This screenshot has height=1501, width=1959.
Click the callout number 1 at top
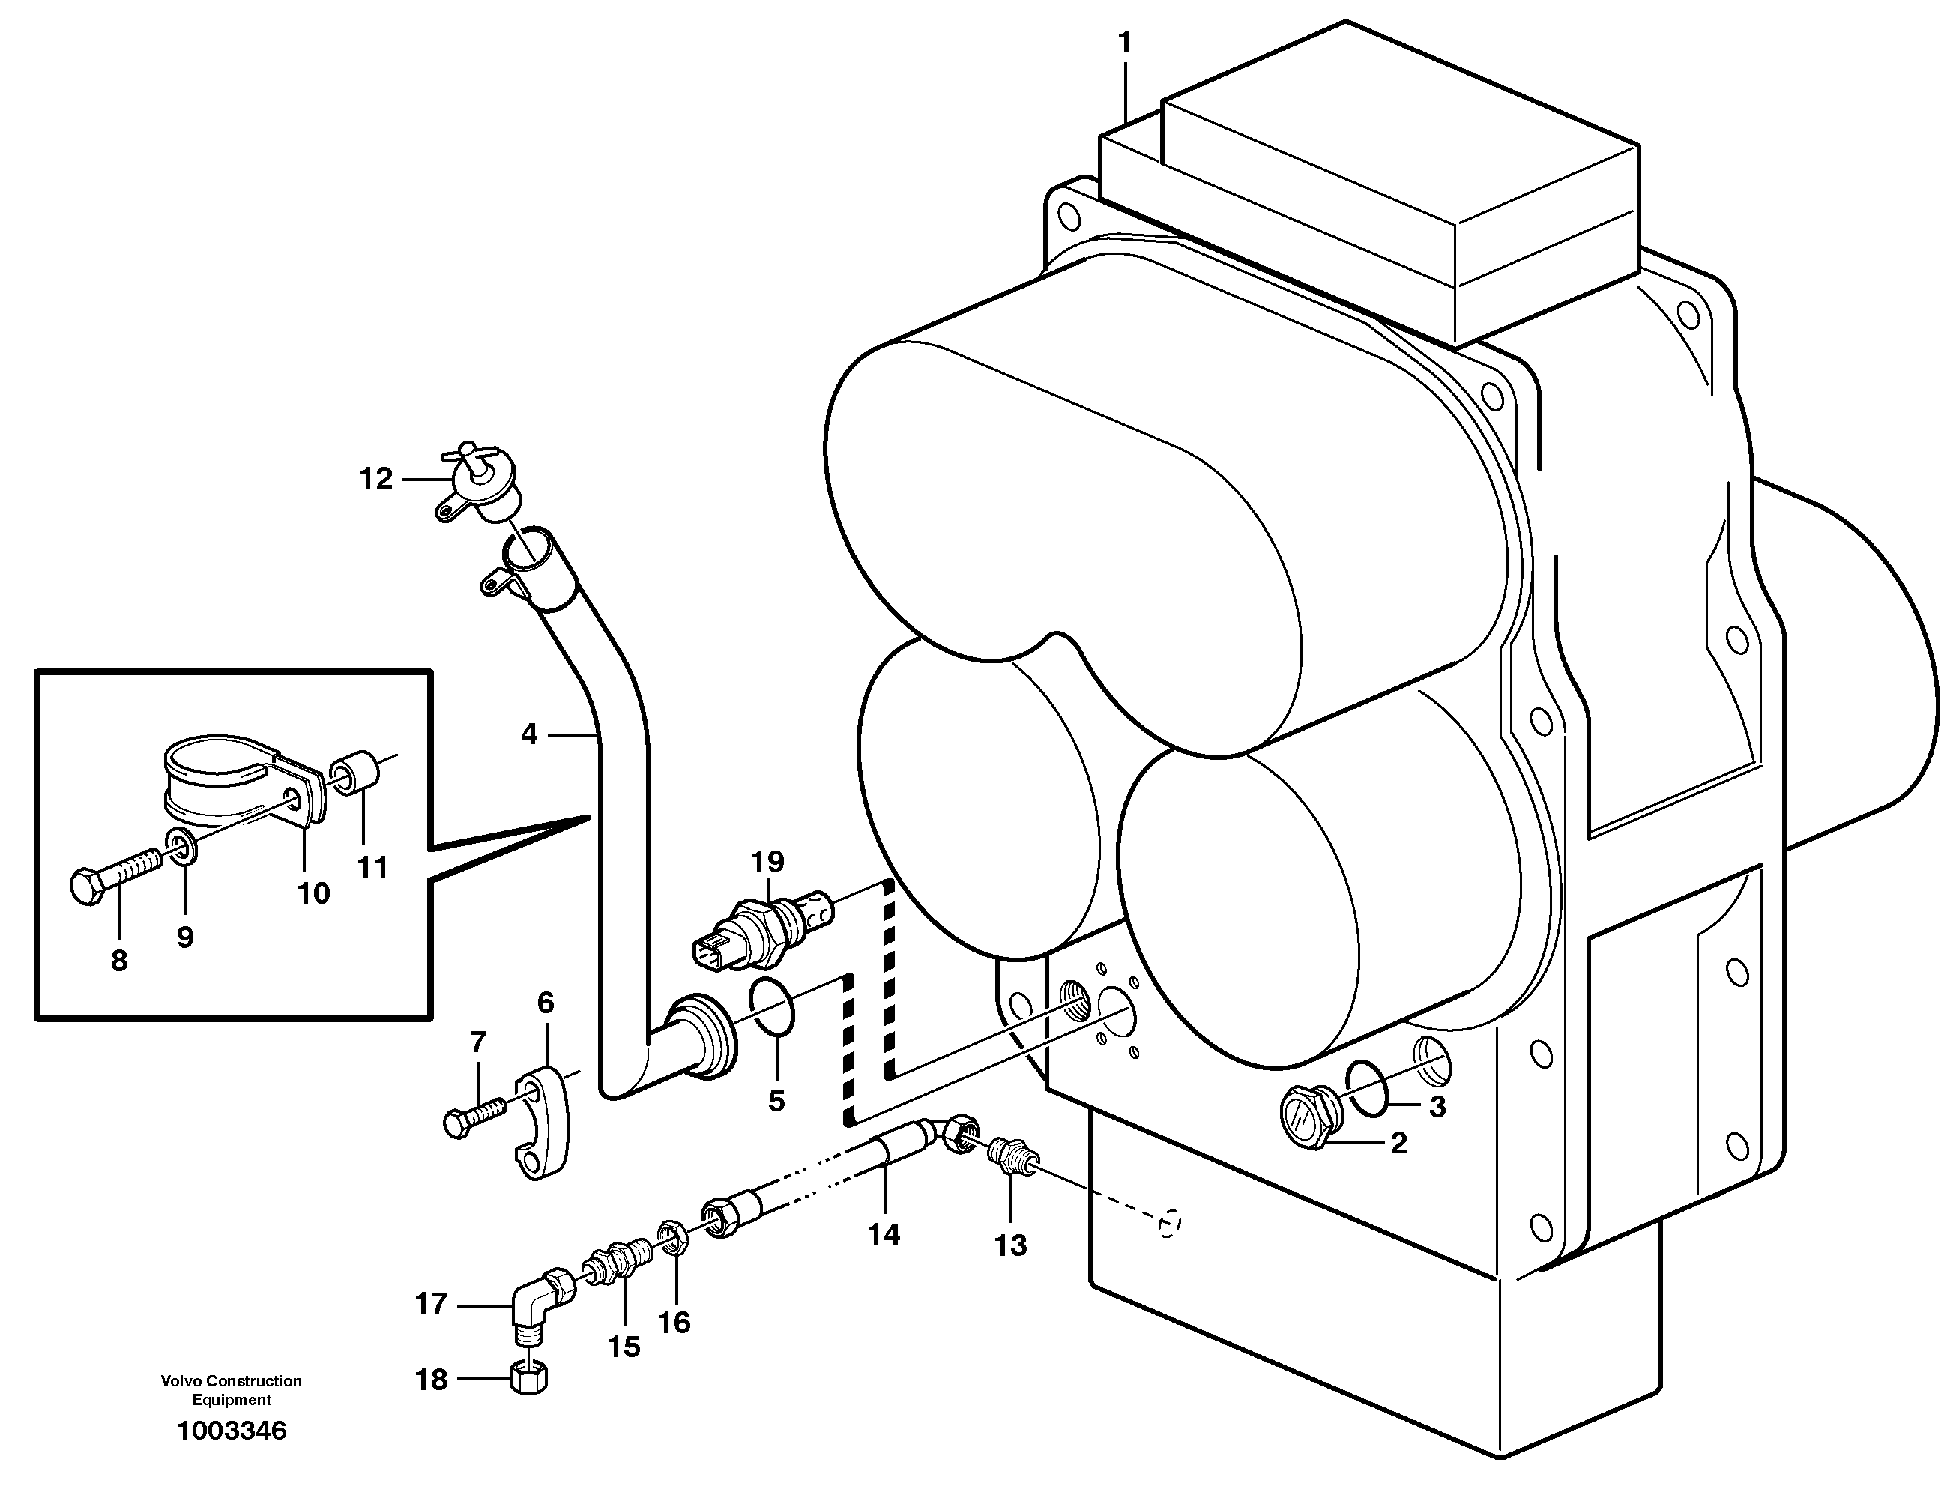click(1125, 43)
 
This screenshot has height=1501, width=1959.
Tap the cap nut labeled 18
click(529, 1377)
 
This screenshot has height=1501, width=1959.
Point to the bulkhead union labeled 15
click(616, 1269)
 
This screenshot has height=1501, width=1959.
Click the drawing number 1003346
click(232, 1431)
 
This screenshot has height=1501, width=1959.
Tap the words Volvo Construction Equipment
click(232, 1390)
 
